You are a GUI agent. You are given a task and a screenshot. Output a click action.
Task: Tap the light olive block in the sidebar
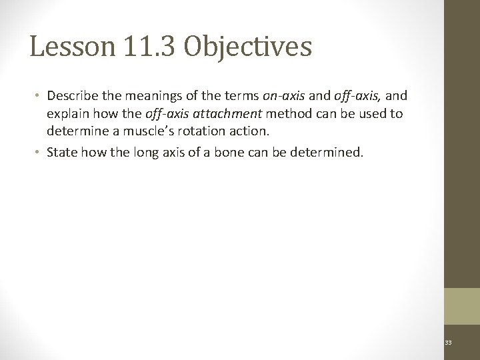tap(462, 305)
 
